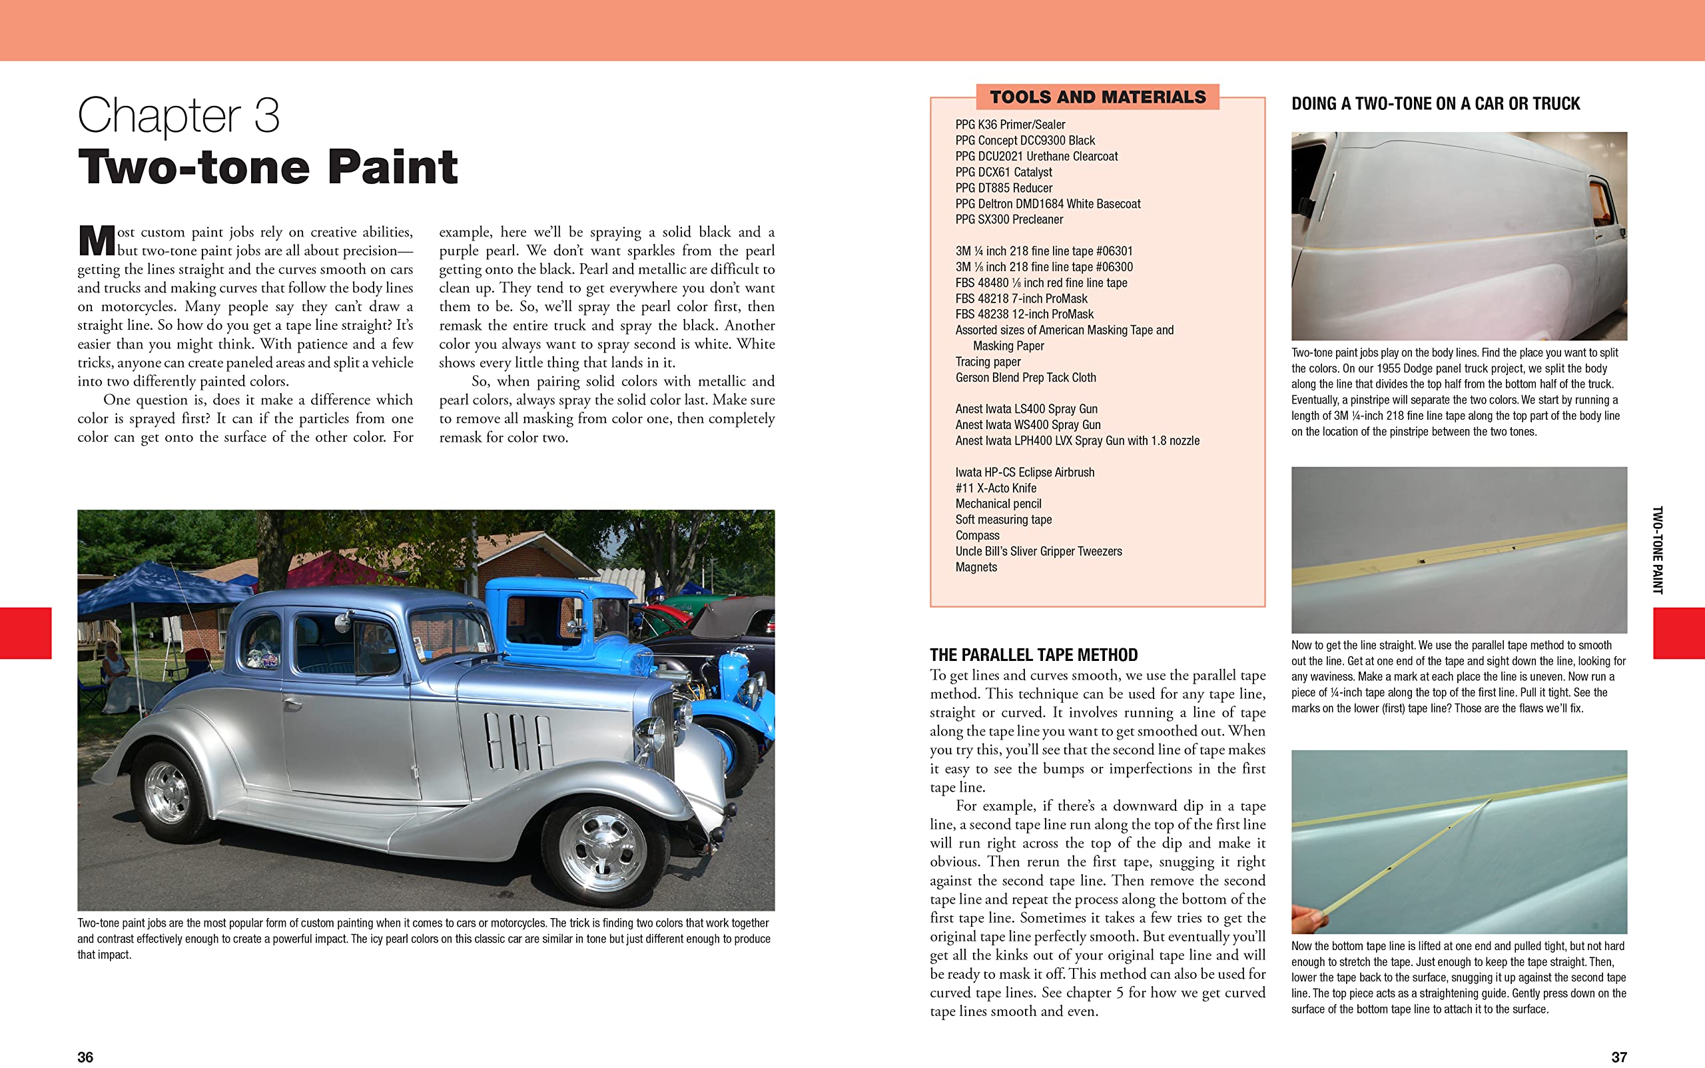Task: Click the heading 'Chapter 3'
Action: pyautogui.click(x=178, y=115)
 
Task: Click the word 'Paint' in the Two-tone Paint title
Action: pyautogui.click(x=392, y=167)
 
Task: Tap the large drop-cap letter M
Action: pyautogui.click(x=97, y=241)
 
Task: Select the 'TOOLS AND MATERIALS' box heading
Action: pyautogui.click(x=1097, y=97)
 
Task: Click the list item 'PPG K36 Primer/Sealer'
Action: pyautogui.click(x=1010, y=125)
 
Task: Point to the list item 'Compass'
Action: pyautogui.click(x=977, y=536)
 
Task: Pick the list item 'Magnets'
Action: pyautogui.click(x=976, y=567)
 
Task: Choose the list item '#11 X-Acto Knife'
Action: pyautogui.click(x=996, y=488)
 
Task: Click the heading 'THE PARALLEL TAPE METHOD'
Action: pyautogui.click(x=1034, y=655)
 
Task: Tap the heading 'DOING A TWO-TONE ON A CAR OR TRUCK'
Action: pyautogui.click(x=1435, y=104)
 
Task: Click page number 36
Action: pyautogui.click(x=85, y=1057)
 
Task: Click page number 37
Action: pyautogui.click(x=1619, y=1057)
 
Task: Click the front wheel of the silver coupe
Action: pyautogui.click(x=601, y=847)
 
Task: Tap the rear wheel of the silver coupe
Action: pyautogui.click(x=168, y=791)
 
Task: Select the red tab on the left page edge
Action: pyautogui.click(x=25, y=633)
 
